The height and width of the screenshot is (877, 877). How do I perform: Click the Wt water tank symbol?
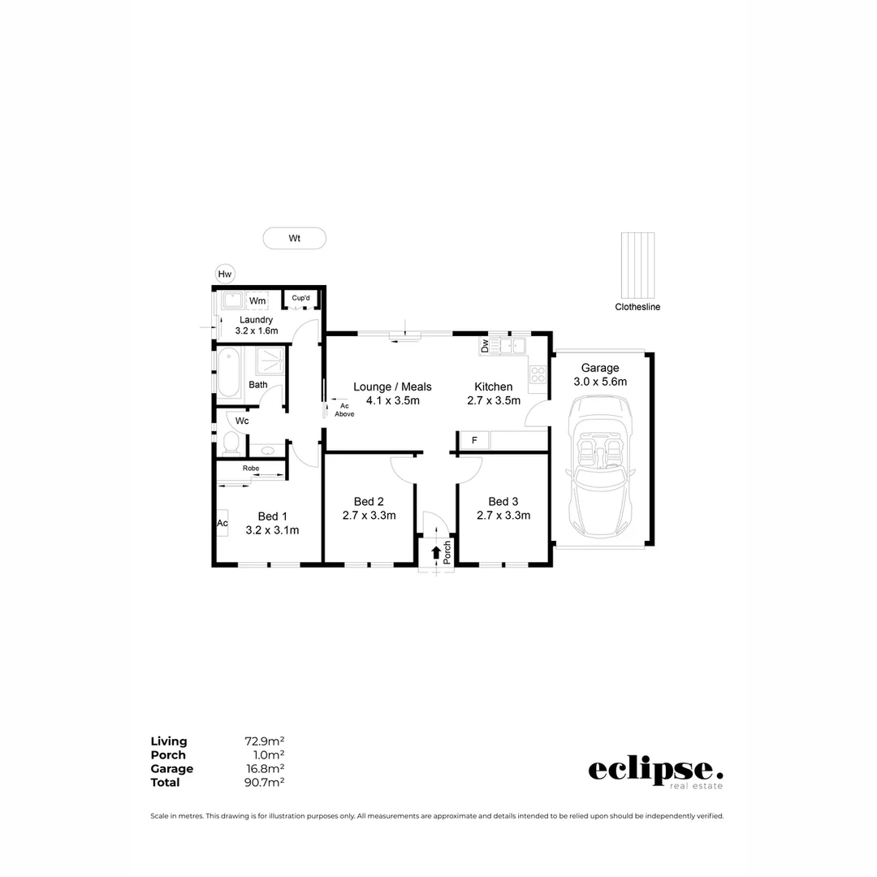pos(294,238)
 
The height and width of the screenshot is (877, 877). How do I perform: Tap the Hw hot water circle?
pos(225,274)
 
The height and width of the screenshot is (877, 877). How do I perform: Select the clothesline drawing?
pos(637,265)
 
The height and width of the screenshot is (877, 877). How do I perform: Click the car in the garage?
pos(602,465)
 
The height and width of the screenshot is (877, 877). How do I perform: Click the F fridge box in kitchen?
pos(474,441)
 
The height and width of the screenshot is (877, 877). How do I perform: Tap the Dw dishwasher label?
pos(485,347)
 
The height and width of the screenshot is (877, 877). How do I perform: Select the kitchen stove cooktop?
pos(538,374)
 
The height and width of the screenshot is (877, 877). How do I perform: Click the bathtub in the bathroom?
pos(228,372)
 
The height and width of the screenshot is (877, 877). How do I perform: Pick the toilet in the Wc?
pos(231,443)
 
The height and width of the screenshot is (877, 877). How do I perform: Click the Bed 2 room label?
pos(369,501)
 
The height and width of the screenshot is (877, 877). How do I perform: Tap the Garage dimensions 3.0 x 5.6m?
pos(600,382)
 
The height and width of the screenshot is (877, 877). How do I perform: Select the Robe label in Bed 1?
pos(250,469)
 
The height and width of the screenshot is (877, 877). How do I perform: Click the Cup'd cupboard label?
pos(300,299)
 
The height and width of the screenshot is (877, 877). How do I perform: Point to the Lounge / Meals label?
pos(392,387)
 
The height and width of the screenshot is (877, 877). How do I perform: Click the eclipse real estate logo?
pos(655,771)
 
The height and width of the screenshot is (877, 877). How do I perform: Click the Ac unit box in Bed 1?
pos(222,523)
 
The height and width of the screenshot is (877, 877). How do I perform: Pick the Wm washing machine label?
pos(257,301)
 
